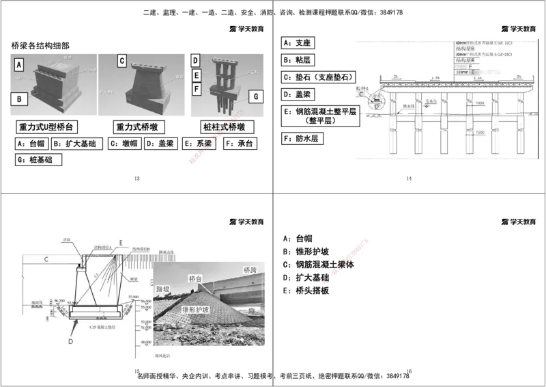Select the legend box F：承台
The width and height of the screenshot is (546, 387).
(x=239, y=144)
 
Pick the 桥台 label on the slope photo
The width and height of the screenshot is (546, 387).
(x=197, y=279)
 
